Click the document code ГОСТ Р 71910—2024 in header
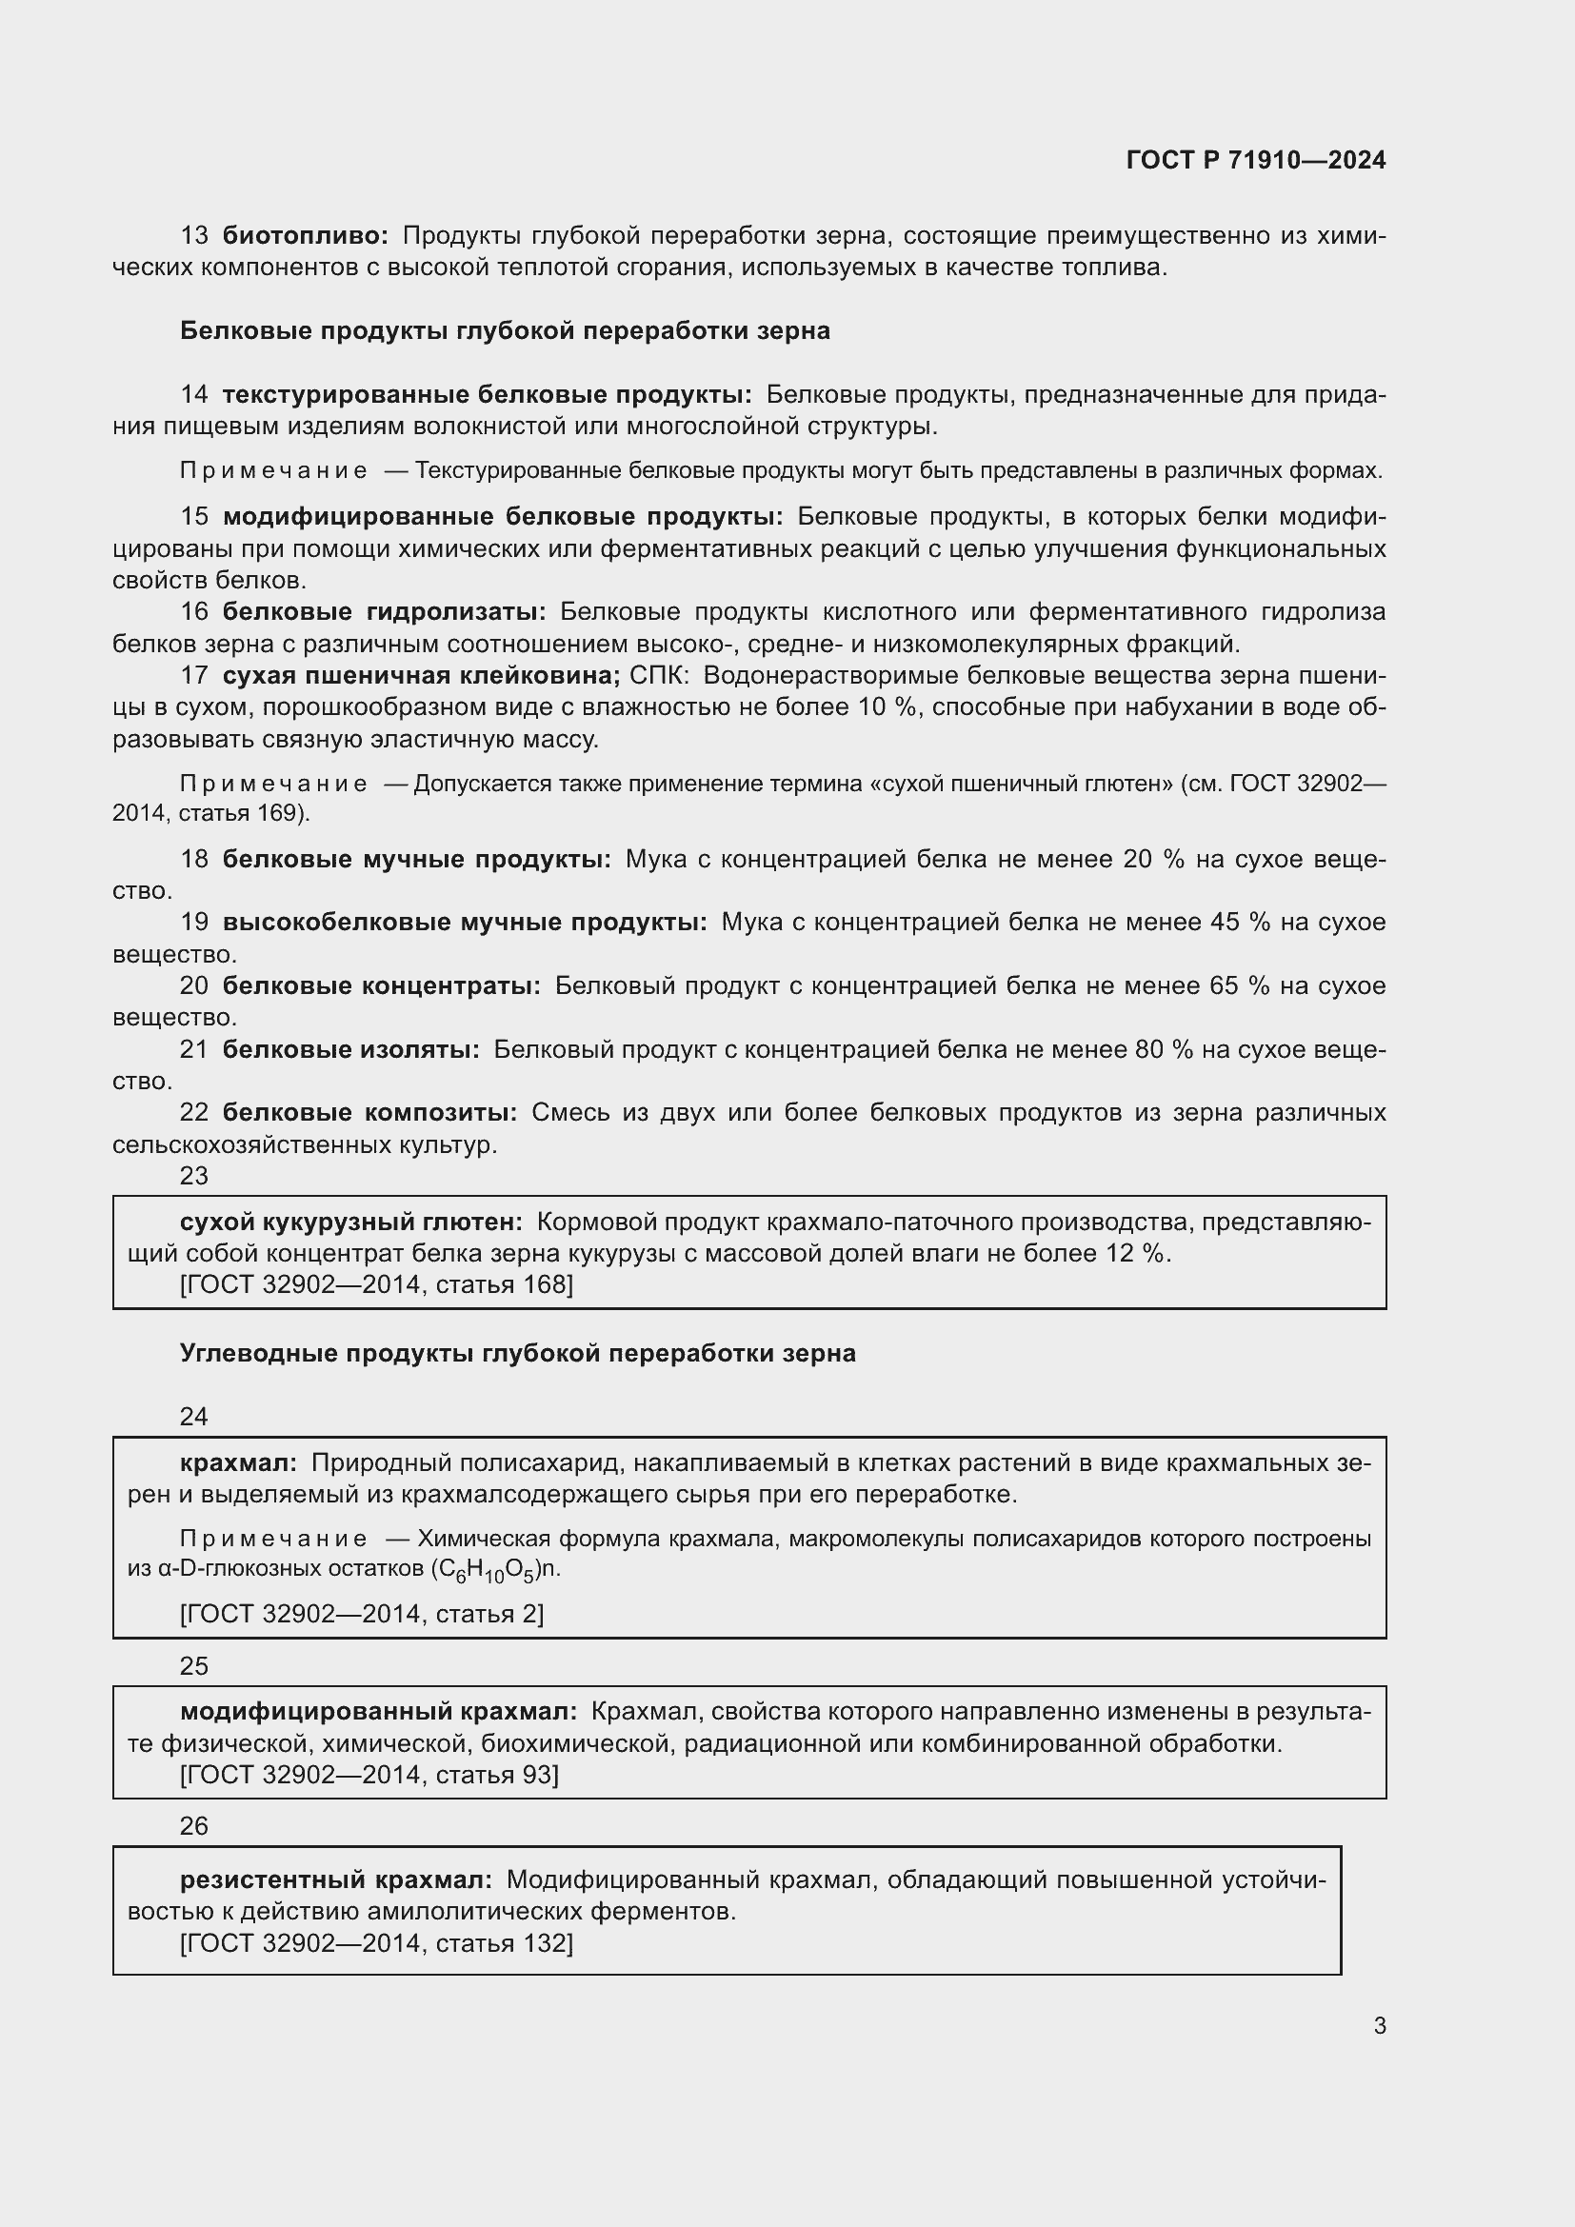click(1256, 160)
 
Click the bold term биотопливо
click(305, 236)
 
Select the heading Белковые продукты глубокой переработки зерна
click(505, 330)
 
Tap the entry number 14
click(194, 395)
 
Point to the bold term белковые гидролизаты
click(384, 612)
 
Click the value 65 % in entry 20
click(1239, 986)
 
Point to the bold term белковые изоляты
click(350, 1049)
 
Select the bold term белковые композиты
click(369, 1112)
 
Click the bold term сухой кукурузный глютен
click(351, 1223)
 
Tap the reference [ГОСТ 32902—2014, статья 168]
click(376, 1285)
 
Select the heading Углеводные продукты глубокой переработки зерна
click(517, 1353)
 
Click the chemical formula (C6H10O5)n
click(494, 1569)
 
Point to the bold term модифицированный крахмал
click(378, 1712)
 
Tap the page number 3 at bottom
click(1379, 2026)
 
